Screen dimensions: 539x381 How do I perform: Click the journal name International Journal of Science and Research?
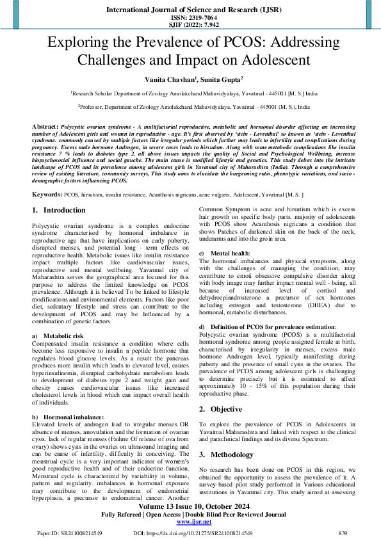coord(190,10)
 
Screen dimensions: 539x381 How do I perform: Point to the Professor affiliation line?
coord(190,108)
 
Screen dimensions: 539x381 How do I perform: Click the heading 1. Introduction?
coord(58,210)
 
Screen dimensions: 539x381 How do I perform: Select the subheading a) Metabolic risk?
coord(61,335)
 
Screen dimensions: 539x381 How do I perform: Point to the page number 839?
coord(343,533)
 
